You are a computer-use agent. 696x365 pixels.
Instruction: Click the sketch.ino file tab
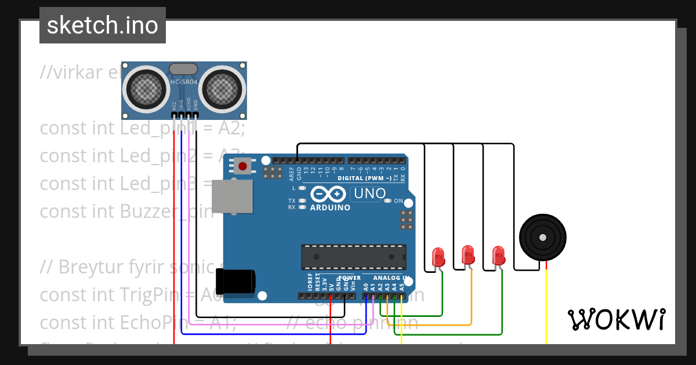tap(103, 25)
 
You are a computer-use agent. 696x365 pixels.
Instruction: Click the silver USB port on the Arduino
tap(232, 196)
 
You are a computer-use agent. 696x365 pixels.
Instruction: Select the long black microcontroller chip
tap(353, 257)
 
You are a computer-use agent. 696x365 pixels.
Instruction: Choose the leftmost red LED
tap(438, 256)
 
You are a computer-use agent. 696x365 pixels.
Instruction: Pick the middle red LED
tap(467, 254)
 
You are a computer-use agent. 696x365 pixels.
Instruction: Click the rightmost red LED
tap(498, 255)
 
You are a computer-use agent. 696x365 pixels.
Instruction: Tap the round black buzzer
tap(542, 237)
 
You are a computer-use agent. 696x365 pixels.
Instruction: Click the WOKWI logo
tap(616, 319)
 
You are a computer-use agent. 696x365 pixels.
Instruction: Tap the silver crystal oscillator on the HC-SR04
tap(183, 68)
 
